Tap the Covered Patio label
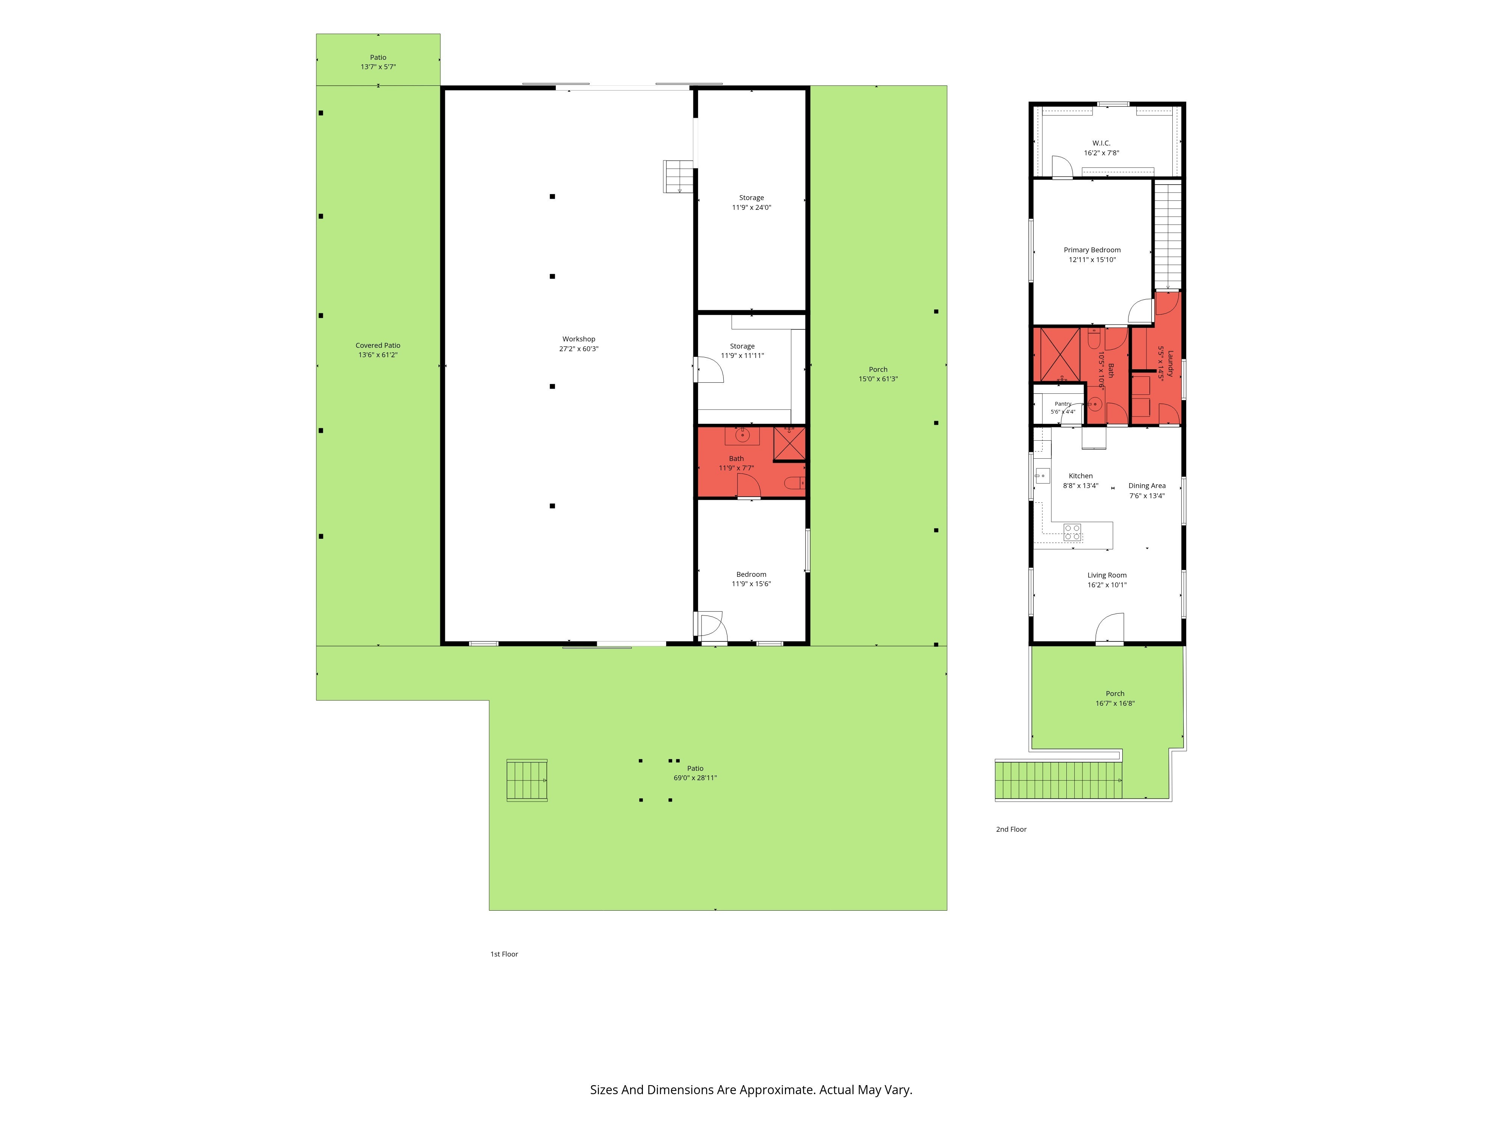pyautogui.click(x=378, y=346)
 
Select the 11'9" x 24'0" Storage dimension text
pyautogui.click(x=751, y=208)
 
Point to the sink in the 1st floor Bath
pyautogui.click(x=742, y=435)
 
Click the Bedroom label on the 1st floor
pyautogui.click(x=751, y=575)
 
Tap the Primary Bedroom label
pyautogui.click(x=1092, y=250)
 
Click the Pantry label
pyautogui.click(x=1063, y=404)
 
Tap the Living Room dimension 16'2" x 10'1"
pyautogui.click(x=1107, y=585)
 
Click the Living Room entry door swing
pyautogui.click(x=1110, y=627)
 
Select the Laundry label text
pyautogui.click(x=1170, y=364)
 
